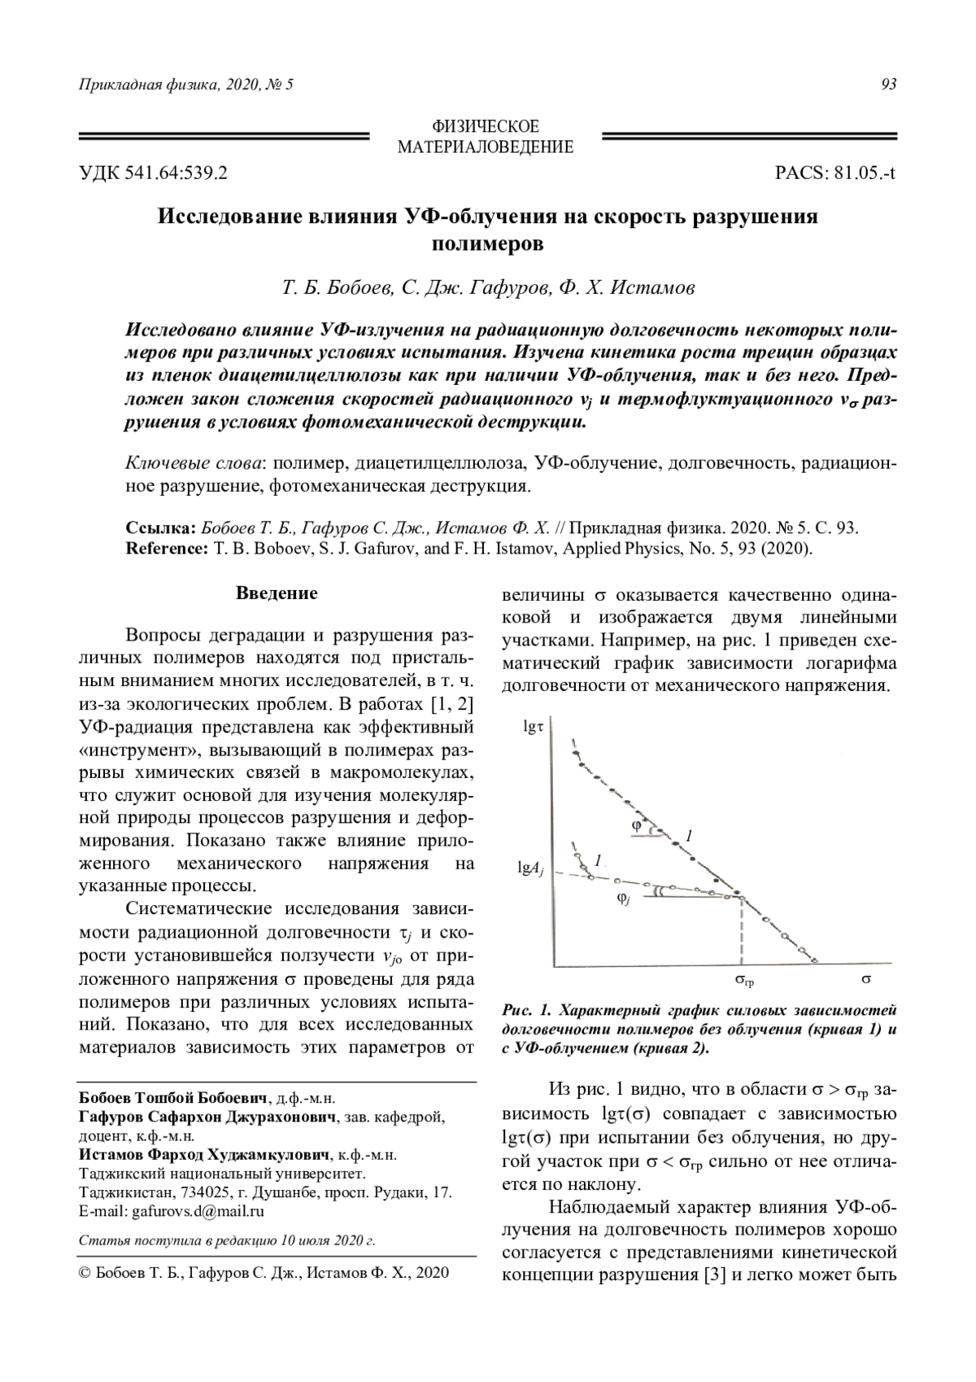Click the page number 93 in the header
pyautogui.click(x=888, y=85)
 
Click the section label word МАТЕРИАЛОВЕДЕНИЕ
pyautogui.click(x=485, y=147)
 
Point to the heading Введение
pyautogui.click(x=277, y=593)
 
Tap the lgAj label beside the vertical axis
pyautogui.click(x=529, y=868)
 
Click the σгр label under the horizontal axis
pyautogui.click(x=743, y=982)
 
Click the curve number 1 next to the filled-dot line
pyautogui.click(x=688, y=836)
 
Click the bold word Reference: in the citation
pyautogui.click(x=167, y=548)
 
